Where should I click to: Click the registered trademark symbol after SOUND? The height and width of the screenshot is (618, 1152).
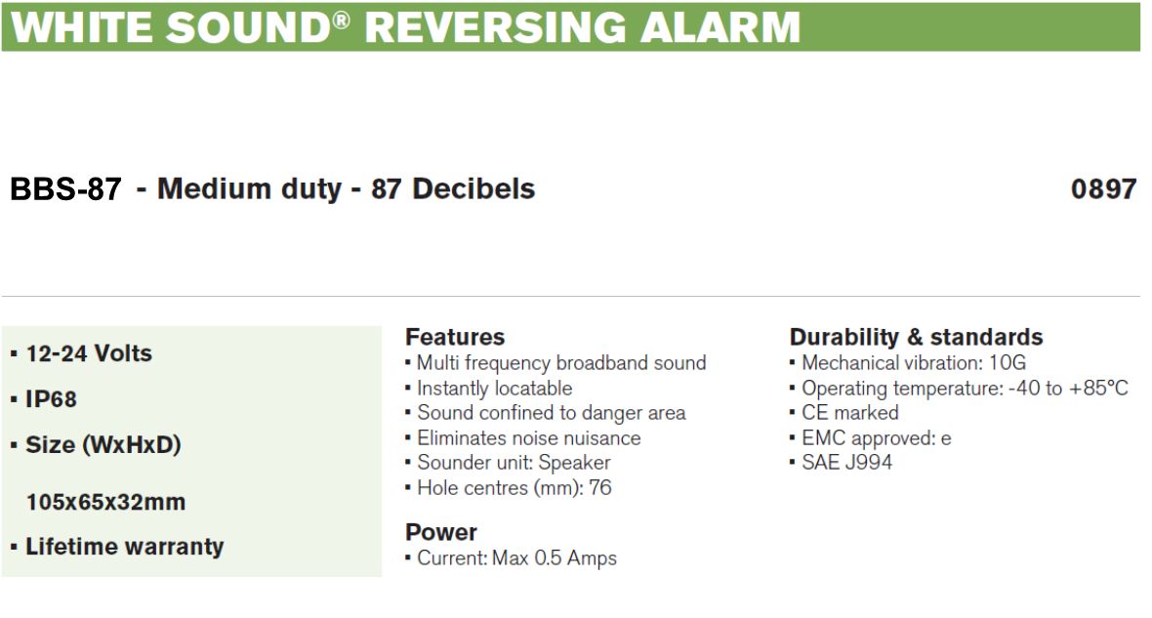point(341,20)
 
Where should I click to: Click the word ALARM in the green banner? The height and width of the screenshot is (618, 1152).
point(720,27)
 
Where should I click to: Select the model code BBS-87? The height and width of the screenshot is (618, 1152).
point(65,188)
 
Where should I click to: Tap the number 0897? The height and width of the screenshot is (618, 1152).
point(1103,188)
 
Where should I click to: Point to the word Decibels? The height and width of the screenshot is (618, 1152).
point(473,188)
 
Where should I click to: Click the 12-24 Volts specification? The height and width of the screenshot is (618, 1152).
point(89,353)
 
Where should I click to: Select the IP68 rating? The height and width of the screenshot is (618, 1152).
point(51,399)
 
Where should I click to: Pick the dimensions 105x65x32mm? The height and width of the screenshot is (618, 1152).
point(105,502)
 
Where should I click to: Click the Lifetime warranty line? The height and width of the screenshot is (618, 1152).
point(124,547)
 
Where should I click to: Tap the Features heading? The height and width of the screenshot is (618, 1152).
point(455,337)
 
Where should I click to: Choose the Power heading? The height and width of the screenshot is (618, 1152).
point(441,532)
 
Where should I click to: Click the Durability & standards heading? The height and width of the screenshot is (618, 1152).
point(916,337)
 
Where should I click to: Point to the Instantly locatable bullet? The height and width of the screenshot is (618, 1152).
point(494,388)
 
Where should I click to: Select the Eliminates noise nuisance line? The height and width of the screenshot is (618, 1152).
point(529,438)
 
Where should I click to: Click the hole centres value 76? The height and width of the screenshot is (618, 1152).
point(600,488)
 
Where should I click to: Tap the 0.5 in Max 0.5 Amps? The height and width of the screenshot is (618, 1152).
point(548,557)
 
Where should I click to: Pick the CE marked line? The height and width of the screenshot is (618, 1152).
point(850,413)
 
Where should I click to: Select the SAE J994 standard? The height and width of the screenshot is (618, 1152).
point(847,462)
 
